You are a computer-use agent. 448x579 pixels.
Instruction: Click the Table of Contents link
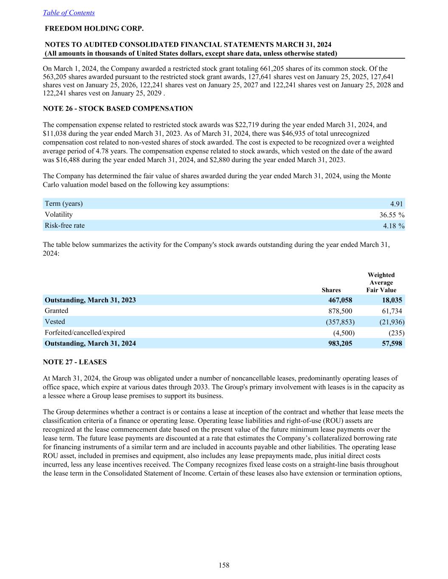pos(69,13)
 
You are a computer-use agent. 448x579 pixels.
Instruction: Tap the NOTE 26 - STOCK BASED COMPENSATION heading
pos(118,109)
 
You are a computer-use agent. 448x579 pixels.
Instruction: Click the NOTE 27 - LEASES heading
pos(75,362)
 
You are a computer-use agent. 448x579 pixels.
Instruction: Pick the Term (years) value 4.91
pos(397,204)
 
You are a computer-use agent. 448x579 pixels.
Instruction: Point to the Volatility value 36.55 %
pos(392,215)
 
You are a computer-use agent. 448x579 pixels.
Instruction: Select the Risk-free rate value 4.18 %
pos(393,226)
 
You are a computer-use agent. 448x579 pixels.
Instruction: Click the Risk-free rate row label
pos(65,226)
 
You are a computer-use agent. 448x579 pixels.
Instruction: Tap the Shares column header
pos(331,290)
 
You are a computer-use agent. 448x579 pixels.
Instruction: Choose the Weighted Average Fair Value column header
pos(381,283)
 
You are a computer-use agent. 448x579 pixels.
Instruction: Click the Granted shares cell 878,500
pos(340,311)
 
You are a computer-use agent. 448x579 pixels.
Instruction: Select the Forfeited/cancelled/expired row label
pos(85,333)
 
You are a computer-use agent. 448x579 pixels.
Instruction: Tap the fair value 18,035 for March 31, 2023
pos(392,300)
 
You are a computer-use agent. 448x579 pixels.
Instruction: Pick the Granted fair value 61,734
pos(392,311)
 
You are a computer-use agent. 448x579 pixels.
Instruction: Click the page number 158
pos(224,565)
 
